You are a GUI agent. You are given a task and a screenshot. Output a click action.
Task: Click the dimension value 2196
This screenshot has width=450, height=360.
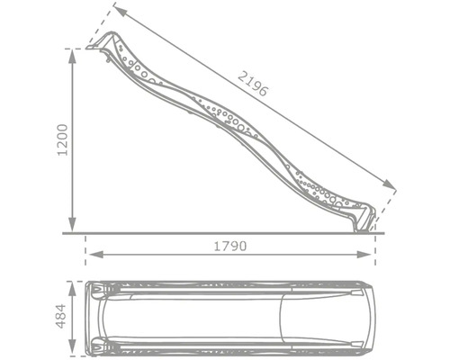[x=253, y=84]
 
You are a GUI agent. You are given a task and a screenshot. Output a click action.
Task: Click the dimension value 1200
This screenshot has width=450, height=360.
[x=63, y=140]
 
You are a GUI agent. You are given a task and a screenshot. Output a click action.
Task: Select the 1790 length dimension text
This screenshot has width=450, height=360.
[x=230, y=246]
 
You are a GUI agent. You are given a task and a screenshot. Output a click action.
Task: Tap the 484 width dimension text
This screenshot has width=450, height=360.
[x=61, y=316]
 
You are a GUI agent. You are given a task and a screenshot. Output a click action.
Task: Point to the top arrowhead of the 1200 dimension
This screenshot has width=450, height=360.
[x=72, y=57]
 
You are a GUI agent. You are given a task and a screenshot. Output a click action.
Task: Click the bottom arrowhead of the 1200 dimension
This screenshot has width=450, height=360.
[x=72, y=224]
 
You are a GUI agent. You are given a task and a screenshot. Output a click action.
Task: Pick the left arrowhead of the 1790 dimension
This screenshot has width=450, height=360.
[x=96, y=255]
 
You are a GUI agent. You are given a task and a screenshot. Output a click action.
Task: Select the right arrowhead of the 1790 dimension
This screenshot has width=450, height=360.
[x=364, y=255]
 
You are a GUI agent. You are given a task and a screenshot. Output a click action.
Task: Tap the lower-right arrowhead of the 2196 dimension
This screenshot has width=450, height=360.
[x=389, y=184]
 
